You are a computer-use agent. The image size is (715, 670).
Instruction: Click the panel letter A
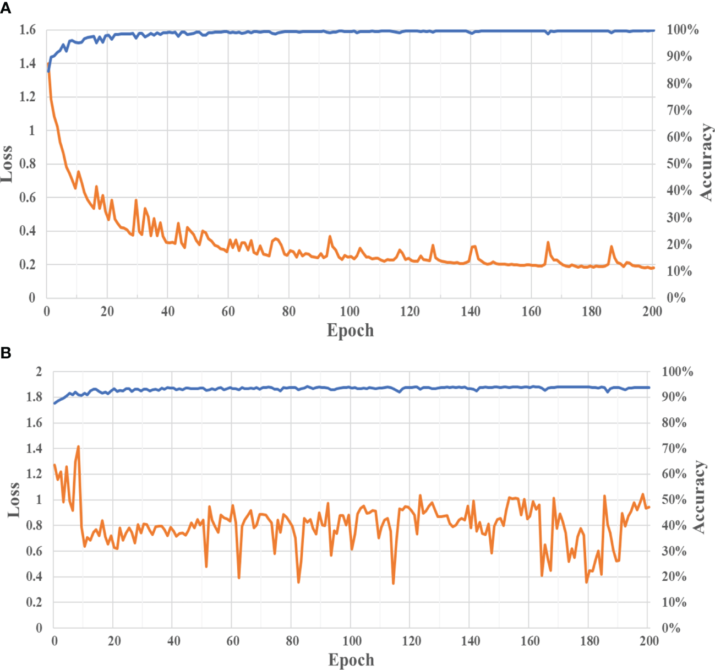click(6, 9)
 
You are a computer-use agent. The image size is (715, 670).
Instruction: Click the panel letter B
click(6, 353)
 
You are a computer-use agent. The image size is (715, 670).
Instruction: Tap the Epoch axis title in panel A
click(350, 330)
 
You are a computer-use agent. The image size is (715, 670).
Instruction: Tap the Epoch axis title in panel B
click(351, 660)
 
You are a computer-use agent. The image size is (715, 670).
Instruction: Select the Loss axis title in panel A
click(7, 164)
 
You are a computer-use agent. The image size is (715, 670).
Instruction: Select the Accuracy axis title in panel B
click(698, 497)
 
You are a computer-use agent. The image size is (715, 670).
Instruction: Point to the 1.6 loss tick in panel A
click(28, 30)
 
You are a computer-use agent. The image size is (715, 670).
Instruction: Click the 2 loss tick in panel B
click(39, 372)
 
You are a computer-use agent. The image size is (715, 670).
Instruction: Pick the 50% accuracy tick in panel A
click(679, 164)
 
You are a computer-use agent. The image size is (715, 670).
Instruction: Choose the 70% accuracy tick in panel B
click(674, 449)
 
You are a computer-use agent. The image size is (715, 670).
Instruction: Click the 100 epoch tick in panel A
click(350, 312)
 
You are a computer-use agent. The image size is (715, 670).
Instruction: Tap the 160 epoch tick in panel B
click(530, 641)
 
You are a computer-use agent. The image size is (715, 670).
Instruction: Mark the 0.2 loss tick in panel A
click(28, 265)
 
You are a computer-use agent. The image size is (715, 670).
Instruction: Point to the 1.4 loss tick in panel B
click(35, 449)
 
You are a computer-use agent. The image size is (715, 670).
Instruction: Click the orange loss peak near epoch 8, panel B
click(79, 446)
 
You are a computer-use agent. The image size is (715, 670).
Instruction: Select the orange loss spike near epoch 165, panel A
click(548, 242)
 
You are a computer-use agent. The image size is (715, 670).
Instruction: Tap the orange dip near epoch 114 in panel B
click(393, 583)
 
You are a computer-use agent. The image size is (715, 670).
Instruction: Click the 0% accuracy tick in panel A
click(676, 298)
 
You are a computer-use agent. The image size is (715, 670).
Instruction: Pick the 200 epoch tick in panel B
click(649, 641)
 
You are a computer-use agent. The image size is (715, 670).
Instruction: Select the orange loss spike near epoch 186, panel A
click(611, 247)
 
